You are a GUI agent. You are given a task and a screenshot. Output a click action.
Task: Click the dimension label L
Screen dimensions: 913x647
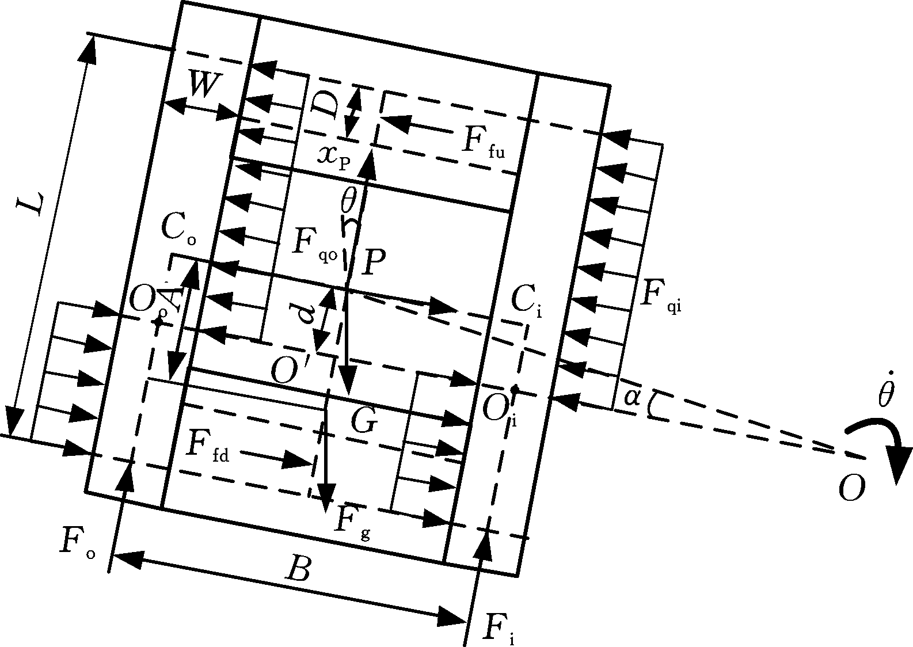tap(31, 205)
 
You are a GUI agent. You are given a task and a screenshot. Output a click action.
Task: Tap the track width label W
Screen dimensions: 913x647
tap(202, 86)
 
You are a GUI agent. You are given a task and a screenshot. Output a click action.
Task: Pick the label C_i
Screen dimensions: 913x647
tap(526, 304)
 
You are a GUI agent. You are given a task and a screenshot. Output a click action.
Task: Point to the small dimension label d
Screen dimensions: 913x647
tap(309, 313)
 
